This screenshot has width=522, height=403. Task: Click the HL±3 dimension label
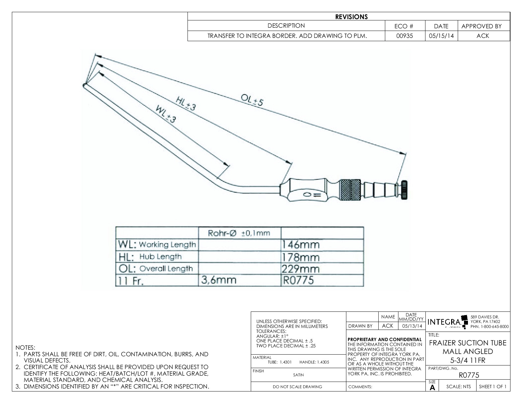pos(186,103)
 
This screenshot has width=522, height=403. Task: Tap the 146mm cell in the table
pos(300,245)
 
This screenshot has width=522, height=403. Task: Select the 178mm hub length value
pos(300,257)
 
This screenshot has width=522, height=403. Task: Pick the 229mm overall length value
pos(300,269)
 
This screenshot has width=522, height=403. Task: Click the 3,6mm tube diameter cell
pos(218,280)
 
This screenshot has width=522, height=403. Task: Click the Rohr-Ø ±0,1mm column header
pos(239,233)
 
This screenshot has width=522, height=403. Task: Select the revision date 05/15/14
pos(441,36)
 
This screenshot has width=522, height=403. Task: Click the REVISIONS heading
pos(351,17)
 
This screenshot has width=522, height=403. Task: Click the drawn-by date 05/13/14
pos(412,326)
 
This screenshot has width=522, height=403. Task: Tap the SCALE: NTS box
pos(458,387)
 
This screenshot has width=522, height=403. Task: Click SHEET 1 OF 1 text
pos(493,387)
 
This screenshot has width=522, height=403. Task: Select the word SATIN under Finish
pos(298,375)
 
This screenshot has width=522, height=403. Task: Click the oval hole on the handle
pos(306,195)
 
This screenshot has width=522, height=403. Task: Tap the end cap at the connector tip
pos(404,190)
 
